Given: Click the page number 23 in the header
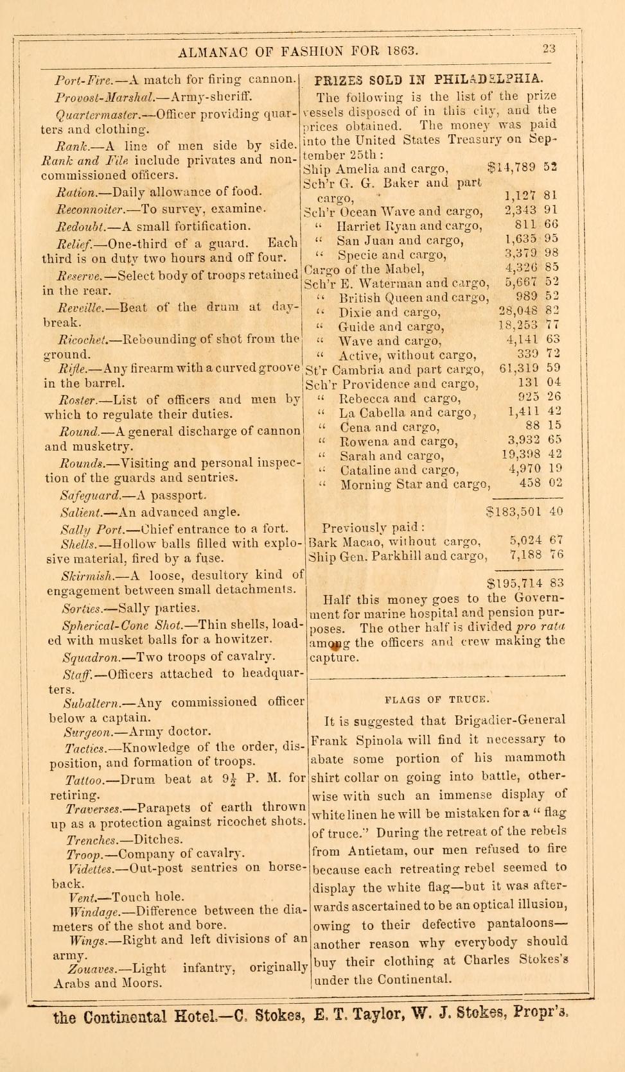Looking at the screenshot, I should [x=549, y=50].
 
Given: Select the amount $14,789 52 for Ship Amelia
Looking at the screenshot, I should [x=522, y=169].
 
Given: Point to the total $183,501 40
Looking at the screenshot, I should [x=524, y=512].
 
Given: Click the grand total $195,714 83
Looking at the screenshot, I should [x=525, y=583].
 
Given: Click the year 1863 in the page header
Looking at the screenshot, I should [x=401, y=51].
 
